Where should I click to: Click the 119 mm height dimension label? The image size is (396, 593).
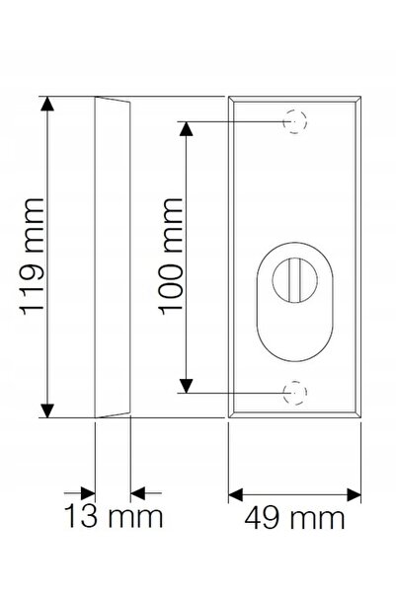[x=33, y=257]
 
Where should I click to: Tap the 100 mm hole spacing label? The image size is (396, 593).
[x=171, y=257]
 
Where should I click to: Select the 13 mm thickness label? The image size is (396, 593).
[x=114, y=516]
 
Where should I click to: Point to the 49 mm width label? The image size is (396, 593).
[x=294, y=518]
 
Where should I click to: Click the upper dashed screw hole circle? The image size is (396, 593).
[x=295, y=121]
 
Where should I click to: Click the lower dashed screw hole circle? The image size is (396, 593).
[x=295, y=393]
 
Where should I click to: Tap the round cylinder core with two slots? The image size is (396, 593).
[x=295, y=280]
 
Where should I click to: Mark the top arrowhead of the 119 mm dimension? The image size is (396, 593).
[x=47, y=104]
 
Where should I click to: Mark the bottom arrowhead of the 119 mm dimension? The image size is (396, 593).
[x=47, y=410]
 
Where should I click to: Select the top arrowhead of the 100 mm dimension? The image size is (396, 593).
[x=186, y=128]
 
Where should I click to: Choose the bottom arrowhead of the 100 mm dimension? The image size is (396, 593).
[x=186, y=386]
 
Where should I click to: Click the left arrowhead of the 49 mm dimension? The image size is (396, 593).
[x=235, y=494]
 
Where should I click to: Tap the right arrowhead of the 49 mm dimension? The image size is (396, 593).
[x=354, y=494]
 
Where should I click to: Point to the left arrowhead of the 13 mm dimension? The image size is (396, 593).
[x=88, y=493]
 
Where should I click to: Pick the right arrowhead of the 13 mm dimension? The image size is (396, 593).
[x=138, y=493]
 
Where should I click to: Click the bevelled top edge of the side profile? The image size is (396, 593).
[x=113, y=99]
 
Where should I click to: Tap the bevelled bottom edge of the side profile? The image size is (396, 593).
[x=113, y=414]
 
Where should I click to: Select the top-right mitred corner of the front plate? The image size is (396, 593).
[x=358, y=99]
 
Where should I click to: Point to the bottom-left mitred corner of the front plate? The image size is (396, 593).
[x=231, y=414]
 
